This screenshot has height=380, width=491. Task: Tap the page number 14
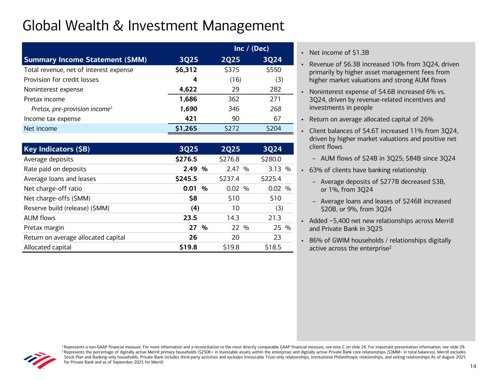coord(473,366)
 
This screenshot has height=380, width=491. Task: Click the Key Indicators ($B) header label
coord(57,149)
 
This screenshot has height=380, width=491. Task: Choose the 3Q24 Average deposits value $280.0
coord(271,159)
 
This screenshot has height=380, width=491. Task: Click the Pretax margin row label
coord(44,228)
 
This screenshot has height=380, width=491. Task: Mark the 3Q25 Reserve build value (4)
coord(195,208)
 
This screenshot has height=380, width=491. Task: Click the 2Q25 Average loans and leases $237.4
coord(229,179)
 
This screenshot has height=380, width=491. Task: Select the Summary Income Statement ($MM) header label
coord(85,60)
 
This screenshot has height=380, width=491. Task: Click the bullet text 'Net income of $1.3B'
coord(339,53)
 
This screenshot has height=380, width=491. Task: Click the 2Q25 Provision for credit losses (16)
coord(235,80)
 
